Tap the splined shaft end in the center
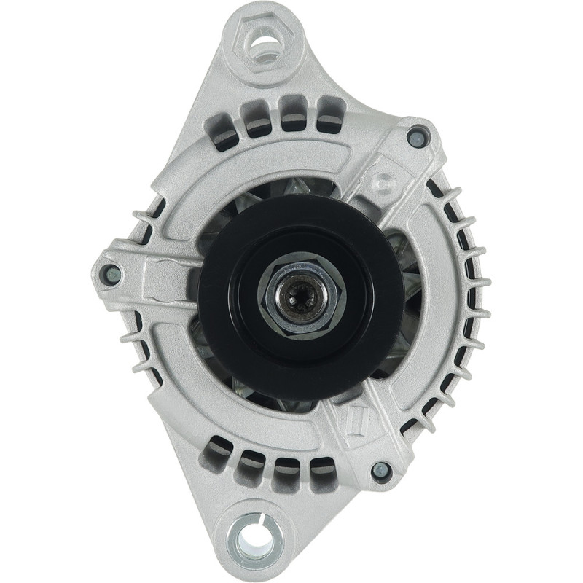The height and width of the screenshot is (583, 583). coord(300,294)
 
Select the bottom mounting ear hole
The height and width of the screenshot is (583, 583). coord(256,539)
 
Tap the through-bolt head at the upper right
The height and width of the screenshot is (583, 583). coord(416,136)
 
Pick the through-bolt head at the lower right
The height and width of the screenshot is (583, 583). coord(380,471)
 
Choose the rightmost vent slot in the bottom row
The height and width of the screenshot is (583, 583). coord(323,472)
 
